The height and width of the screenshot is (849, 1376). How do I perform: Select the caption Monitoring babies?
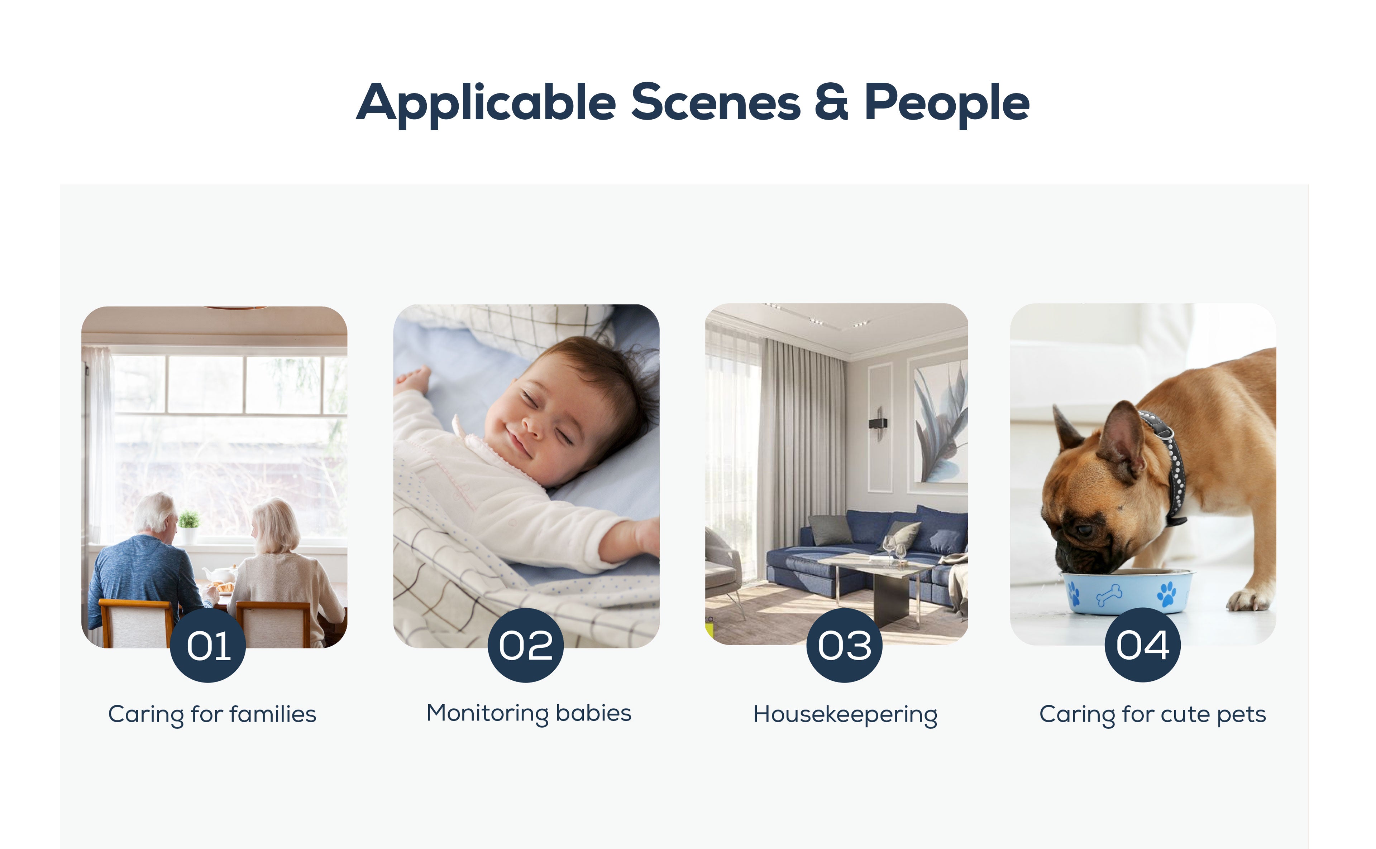[529, 714]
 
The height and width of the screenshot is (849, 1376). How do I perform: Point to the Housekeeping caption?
[845, 715]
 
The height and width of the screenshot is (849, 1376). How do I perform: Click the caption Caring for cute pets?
[1152, 715]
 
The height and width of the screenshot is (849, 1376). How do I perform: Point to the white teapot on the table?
[220, 574]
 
